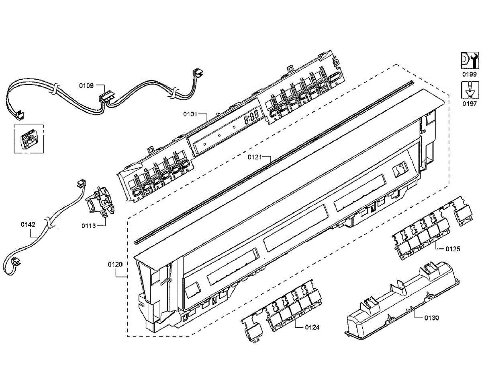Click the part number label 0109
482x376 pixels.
[x=86, y=86]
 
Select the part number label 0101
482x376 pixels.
[x=190, y=114]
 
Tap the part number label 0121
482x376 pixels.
[x=255, y=156]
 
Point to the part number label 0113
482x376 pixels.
[x=88, y=226]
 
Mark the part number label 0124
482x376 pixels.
[x=312, y=327]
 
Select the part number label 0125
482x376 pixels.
[x=453, y=249]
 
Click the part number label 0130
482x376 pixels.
[x=432, y=318]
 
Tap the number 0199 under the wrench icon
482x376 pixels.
[x=469, y=74]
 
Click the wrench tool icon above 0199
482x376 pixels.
[x=469, y=60]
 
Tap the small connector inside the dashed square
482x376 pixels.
[x=29, y=139]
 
